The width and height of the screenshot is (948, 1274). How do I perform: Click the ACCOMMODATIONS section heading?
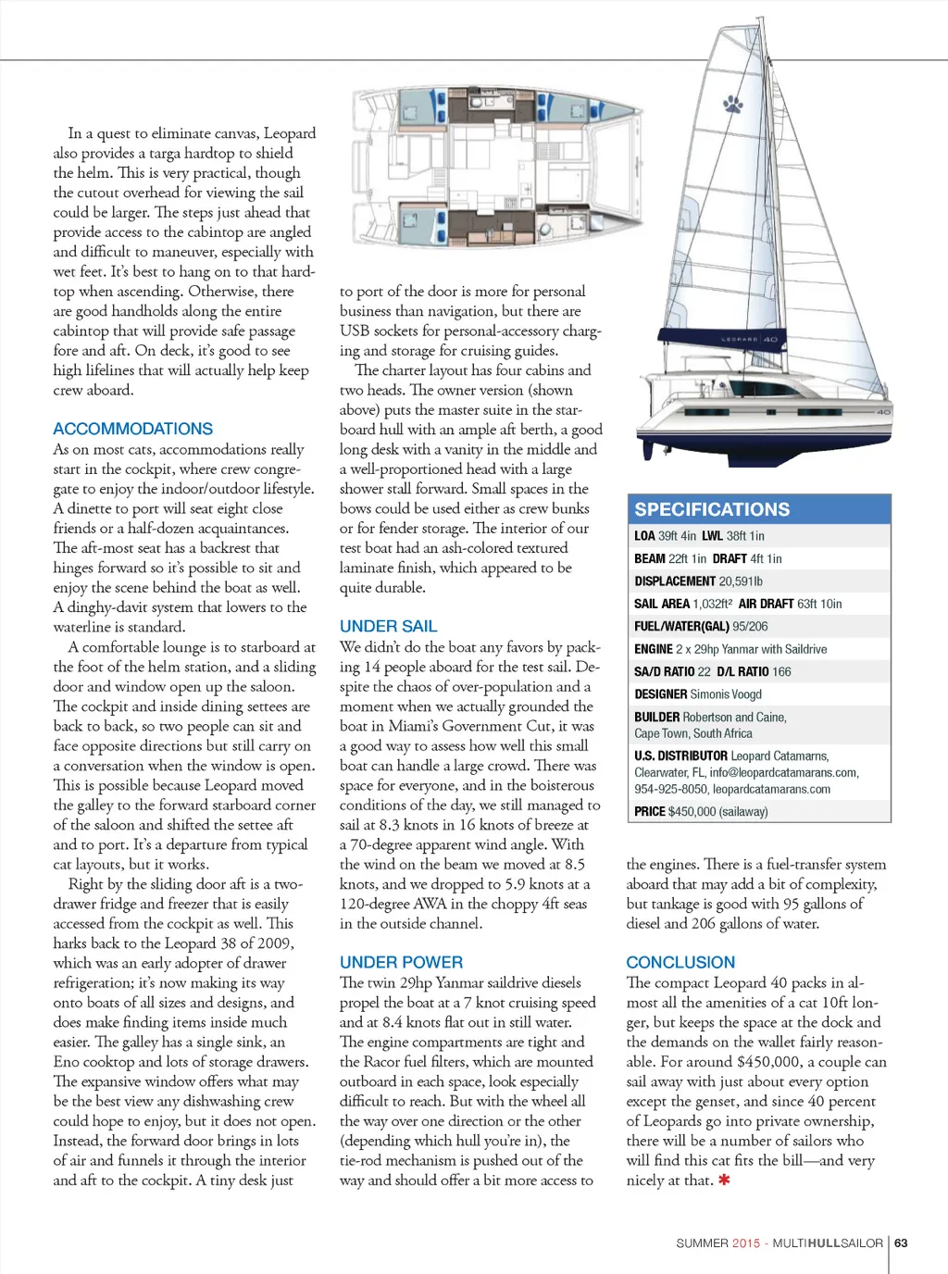(132, 429)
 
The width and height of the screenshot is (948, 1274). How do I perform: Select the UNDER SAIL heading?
(388, 626)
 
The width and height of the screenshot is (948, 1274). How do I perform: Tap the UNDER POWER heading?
(401, 962)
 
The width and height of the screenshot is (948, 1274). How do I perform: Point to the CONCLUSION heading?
(680, 962)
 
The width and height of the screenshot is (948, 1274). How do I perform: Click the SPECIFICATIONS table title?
(712, 509)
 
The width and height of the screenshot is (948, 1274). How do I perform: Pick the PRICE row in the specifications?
(701, 812)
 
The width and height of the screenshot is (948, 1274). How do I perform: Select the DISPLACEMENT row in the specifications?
(698, 581)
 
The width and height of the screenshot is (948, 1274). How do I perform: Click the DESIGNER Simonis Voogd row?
(698, 694)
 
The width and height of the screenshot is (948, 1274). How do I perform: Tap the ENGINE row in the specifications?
(730, 649)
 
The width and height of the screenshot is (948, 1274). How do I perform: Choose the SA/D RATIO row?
(713, 671)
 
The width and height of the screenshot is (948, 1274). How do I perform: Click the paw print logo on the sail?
(733, 103)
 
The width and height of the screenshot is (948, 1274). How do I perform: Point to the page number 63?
(901, 1243)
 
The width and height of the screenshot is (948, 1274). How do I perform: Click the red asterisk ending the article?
(724, 1180)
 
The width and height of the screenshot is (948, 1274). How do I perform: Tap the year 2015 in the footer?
(745, 1243)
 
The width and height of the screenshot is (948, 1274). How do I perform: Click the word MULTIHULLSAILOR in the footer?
(828, 1243)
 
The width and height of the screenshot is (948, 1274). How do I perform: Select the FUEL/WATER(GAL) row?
(701, 626)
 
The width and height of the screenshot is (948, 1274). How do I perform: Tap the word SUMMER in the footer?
(702, 1243)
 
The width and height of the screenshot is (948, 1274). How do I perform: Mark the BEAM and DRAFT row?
(708, 558)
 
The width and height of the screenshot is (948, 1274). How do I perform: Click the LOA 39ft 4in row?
(699, 536)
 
